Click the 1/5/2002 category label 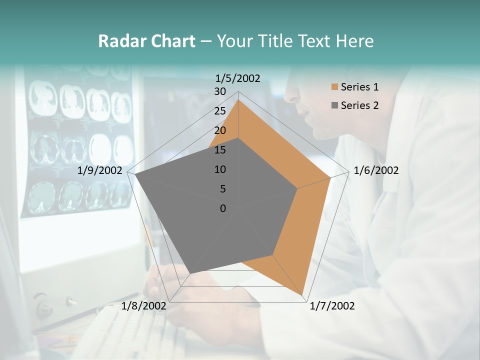pyautogui.click(x=237, y=78)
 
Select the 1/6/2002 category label pyautogui.click(x=376, y=170)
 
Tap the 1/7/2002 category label pyautogui.click(x=332, y=306)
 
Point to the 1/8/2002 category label pyautogui.click(x=143, y=306)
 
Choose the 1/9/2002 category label pyautogui.click(x=100, y=170)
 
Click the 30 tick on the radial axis pyautogui.click(x=220, y=91)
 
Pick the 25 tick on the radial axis pyautogui.click(x=220, y=111)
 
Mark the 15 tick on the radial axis pyautogui.click(x=220, y=150)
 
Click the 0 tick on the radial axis pyautogui.click(x=223, y=208)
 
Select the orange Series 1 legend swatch pyautogui.click(x=334, y=87)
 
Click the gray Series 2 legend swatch pyautogui.click(x=334, y=105)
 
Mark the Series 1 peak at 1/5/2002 pyautogui.click(x=238, y=100)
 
